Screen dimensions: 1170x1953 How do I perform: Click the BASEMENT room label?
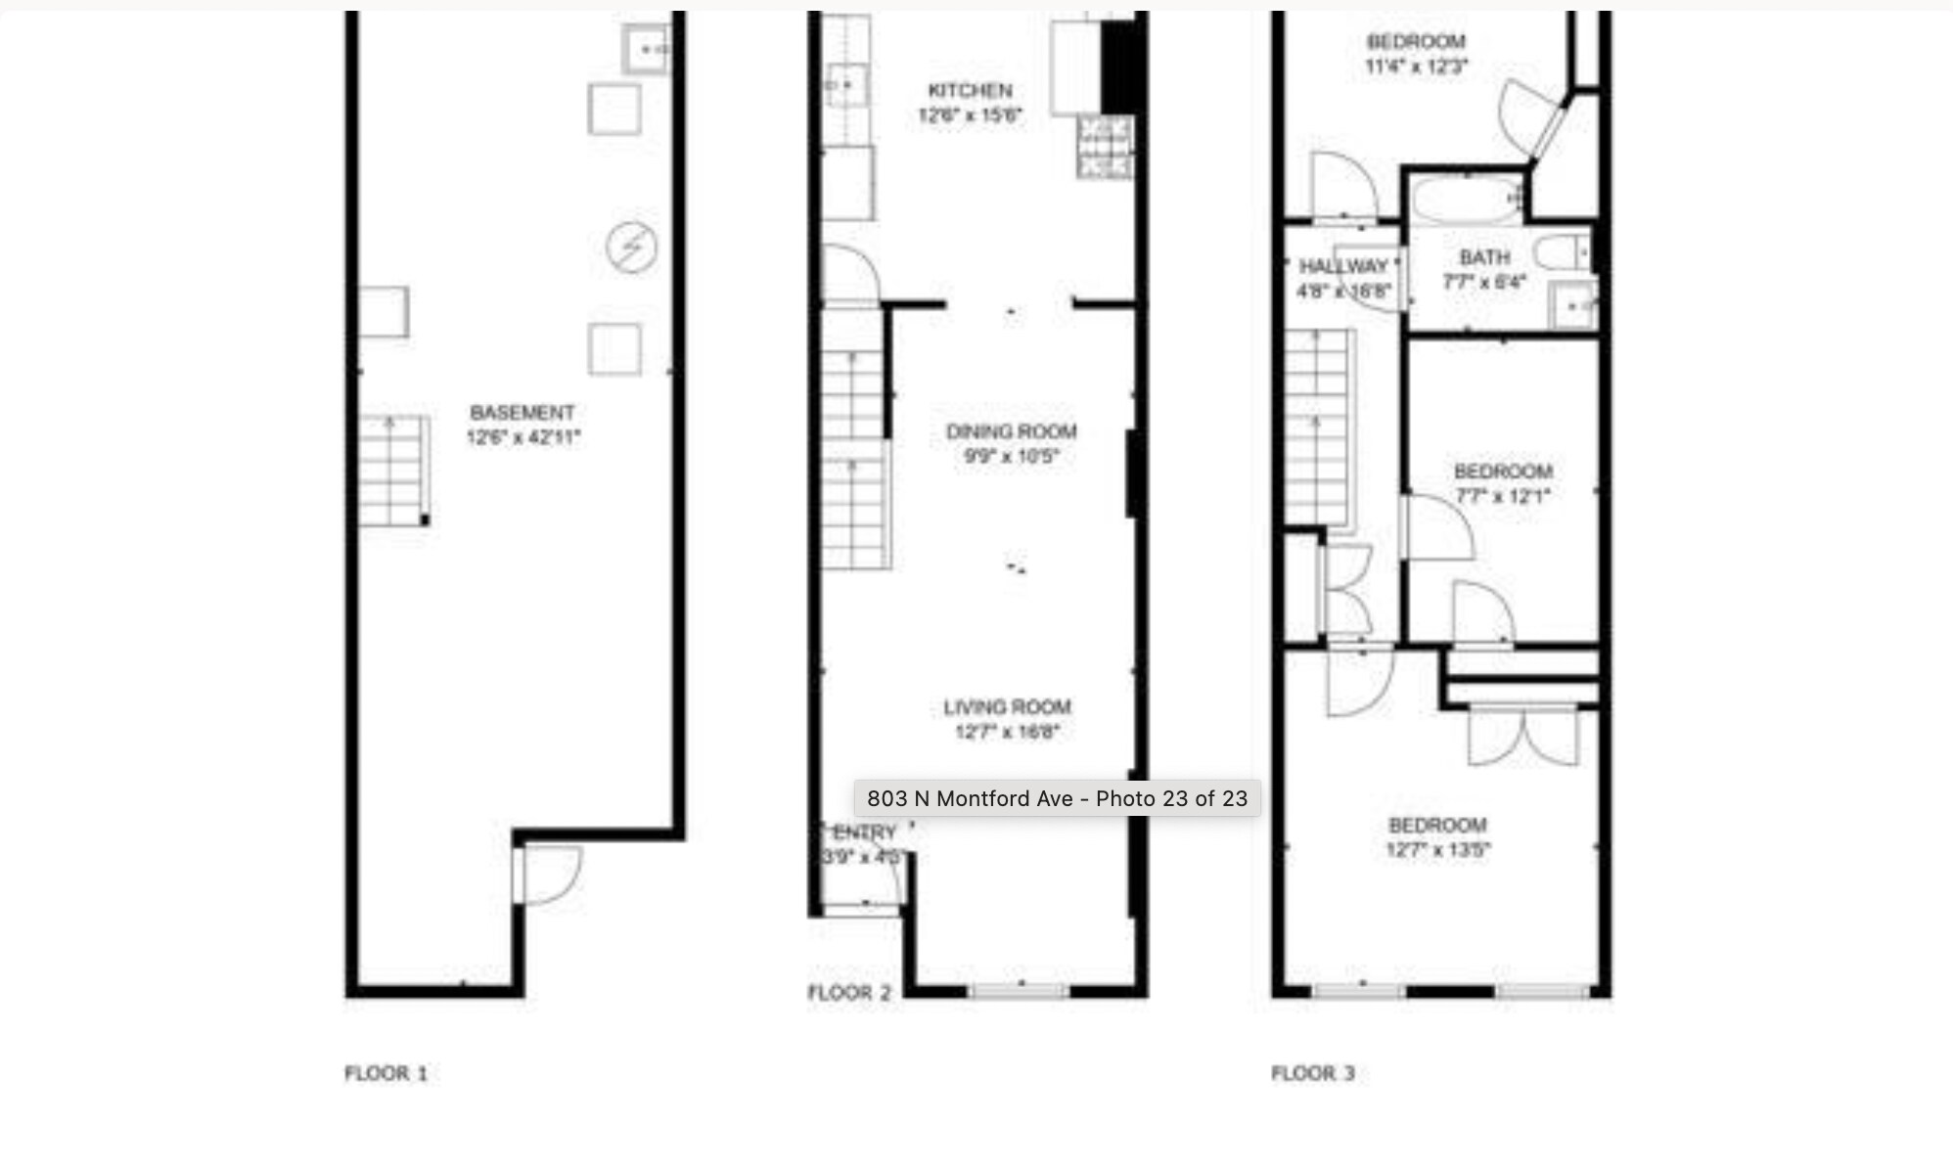(522, 413)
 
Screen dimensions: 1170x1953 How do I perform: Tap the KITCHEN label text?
(970, 90)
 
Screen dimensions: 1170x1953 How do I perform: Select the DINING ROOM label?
(1011, 431)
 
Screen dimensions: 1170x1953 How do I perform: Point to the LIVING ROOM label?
(1007, 706)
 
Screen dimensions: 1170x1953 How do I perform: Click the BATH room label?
(1484, 257)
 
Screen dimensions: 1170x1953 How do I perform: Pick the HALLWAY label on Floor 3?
(1342, 266)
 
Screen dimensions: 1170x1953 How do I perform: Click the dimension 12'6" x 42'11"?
(522, 437)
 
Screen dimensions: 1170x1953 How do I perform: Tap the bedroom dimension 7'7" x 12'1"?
(1502, 496)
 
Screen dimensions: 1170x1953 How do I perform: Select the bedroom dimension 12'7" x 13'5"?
(1436, 849)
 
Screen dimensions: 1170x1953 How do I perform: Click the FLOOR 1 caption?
(386, 1073)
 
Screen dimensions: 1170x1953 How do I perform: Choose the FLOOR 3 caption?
(1312, 1073)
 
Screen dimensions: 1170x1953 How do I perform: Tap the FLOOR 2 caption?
(848, 993)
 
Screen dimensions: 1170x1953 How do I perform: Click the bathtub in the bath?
(1465, 201)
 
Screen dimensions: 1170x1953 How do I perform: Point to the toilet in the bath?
(1562, 253)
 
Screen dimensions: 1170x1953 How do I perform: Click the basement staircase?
(393, 471)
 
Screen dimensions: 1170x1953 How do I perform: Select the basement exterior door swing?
(550, 874)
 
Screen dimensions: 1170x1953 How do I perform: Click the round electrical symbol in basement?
(631, 247)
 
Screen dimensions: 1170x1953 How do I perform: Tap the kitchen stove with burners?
(1105, 147)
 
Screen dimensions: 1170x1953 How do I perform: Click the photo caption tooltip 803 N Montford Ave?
(1057, 798)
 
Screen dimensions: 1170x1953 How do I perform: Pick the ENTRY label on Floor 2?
(864, 832)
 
